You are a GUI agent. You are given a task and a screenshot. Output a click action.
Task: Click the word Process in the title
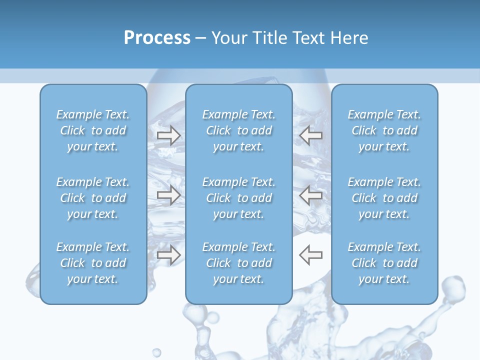157,38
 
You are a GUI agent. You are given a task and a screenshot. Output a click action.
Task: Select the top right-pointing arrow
168,135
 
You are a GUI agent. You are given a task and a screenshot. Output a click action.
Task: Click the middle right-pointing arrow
168,195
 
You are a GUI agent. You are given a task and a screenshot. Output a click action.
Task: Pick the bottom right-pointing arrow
168,255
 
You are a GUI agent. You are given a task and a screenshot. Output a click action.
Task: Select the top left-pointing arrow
310,135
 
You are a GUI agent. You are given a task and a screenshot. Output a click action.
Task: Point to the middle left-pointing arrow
310,195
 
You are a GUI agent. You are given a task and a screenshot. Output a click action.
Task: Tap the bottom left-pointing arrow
310,255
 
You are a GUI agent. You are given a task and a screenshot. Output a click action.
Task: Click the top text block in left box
93,130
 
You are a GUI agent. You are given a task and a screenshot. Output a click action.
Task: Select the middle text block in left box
93,198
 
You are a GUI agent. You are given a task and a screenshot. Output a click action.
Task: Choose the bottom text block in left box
93,263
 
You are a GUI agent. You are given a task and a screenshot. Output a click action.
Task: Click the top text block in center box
239,130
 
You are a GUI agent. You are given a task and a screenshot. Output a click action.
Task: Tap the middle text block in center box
239,198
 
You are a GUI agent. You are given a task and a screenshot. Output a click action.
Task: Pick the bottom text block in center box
239,263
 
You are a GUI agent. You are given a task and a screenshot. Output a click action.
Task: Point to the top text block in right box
384,130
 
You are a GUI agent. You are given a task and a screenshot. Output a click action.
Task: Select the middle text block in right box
384,198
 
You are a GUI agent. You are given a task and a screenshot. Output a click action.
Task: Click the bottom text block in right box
384,263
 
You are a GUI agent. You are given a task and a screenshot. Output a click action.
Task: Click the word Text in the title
307,38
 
